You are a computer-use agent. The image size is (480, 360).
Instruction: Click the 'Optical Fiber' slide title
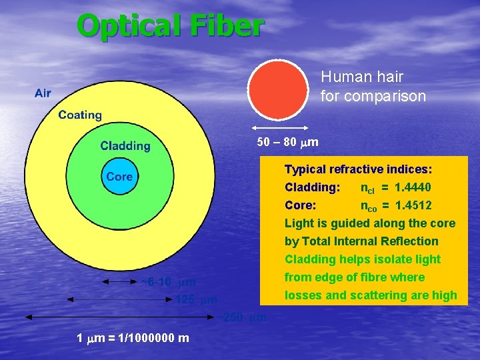(x=171, y=27)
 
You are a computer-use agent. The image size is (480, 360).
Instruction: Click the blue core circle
(x=119, y=176)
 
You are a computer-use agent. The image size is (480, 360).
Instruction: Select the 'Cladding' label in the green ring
(x=125, y=146)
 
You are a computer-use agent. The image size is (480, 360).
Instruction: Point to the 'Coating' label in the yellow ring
(x=80, y=115)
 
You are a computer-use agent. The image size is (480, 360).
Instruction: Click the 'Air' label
(x=43, y=93)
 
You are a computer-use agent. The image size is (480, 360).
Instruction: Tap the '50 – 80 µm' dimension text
(x=287, y=143)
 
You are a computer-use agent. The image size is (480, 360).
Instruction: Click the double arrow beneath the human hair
(x=279, y=127)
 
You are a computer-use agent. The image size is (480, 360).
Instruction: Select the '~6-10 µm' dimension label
(x=168, y=282)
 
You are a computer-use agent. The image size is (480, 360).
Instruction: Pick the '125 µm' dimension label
(x=196, y=300)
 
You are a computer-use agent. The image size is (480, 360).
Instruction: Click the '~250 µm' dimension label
(x=240, y=318)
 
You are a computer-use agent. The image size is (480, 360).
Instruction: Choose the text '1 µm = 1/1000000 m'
(x=133, y=338)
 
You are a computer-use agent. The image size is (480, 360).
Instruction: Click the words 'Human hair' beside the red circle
(x=352, y=77)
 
